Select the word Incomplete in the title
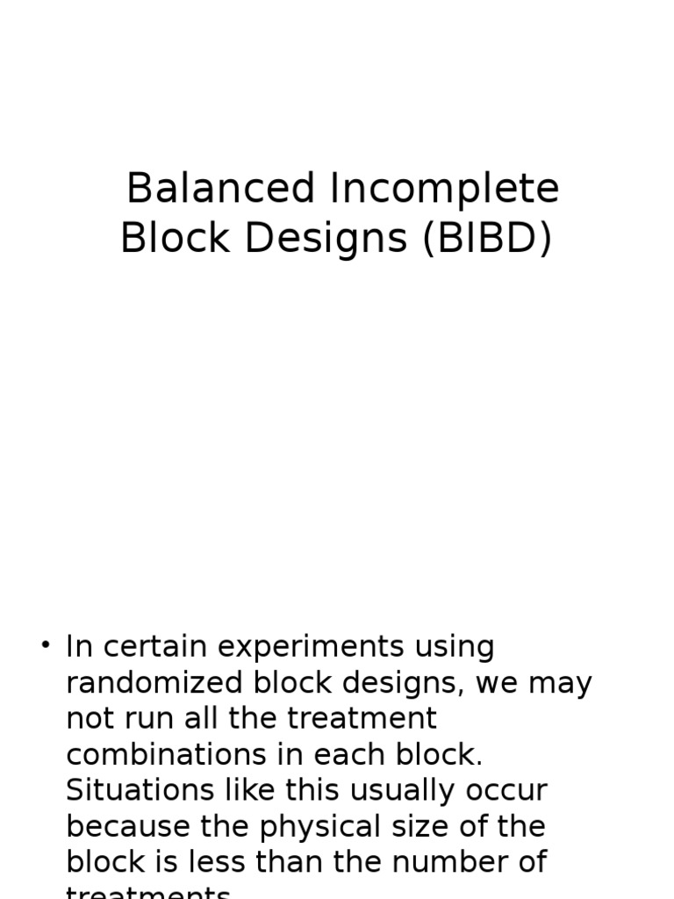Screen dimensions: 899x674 (446, 189)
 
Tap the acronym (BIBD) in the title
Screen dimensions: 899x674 (487, 238)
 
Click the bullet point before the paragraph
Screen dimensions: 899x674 (45, 645)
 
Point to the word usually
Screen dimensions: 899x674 (406, 790)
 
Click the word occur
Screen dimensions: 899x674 (510, 790)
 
